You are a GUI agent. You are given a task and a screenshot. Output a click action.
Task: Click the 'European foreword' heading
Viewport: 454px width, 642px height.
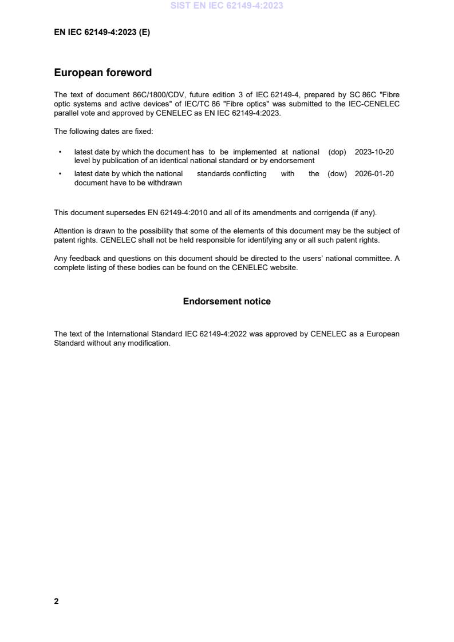pyautogui.click(x=102, y=73)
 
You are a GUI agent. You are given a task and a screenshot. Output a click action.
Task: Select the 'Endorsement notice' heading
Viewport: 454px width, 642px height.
pyautogui.click(x=227, y=301)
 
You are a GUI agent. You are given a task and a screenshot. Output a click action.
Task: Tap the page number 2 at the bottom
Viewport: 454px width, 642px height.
pyautogui.click(x=56, y=601)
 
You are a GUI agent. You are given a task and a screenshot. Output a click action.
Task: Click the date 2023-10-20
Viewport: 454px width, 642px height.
pyautogui.click(x=374, y=152)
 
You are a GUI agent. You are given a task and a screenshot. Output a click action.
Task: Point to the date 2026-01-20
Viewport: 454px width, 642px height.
pyautogui.click(x=374, y=174)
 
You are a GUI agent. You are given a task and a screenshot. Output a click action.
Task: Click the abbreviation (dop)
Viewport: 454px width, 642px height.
pyautogui.click(x=337, y=152)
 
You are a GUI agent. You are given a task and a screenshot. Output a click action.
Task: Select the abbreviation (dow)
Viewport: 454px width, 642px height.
pyautogui.click(x=337, y=174)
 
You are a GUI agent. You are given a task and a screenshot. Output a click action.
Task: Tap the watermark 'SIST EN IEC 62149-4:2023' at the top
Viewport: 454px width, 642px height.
pyautogui.click(x=227, y=6)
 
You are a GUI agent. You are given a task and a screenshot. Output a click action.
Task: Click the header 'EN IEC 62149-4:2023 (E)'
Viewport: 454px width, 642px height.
pyautogui.click(x=102, y=33)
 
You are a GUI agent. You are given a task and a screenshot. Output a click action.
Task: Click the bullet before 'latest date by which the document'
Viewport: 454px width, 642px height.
pyautogui.click(x=60, y=152)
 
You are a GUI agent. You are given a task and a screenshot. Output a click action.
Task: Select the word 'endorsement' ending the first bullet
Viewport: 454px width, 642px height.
pyautogui.click(x=294, y=161)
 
